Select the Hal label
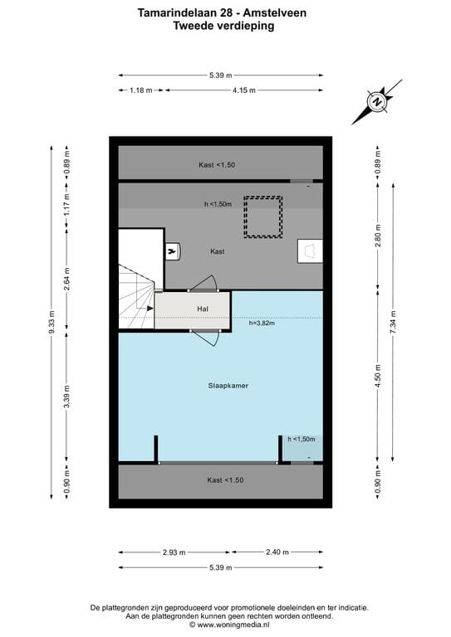coord(202,309)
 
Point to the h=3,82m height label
coord(262,323)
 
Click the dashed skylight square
coord(262,216)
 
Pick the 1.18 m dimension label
coord(141,90)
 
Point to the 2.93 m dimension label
coord(174,552)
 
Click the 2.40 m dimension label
coord(277,552)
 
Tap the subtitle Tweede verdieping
coord(223,26)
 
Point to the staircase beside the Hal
coord(135,297)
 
